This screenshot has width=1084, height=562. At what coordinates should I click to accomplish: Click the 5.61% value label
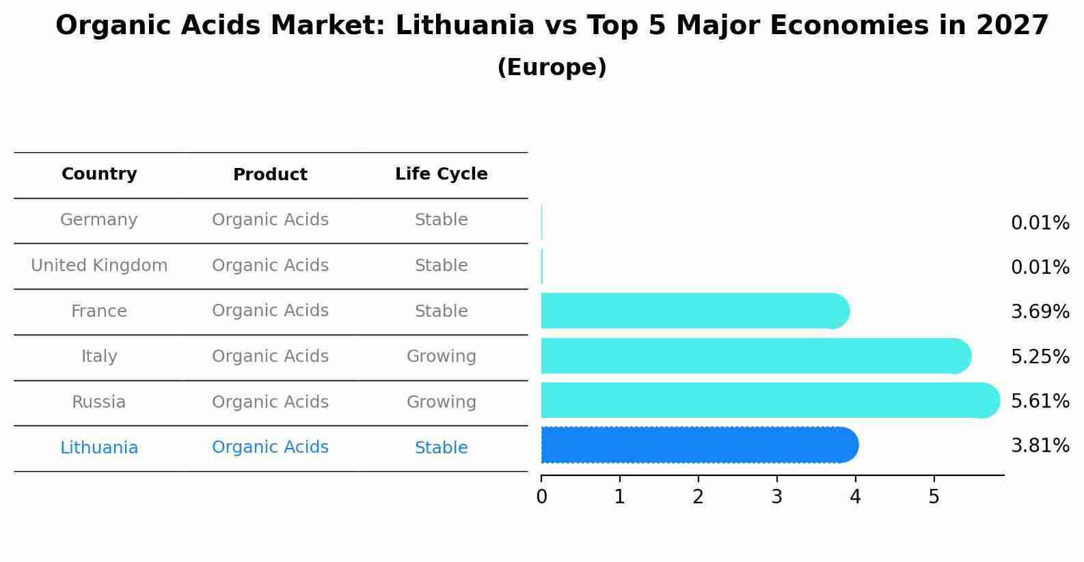click(x=1040, y=401)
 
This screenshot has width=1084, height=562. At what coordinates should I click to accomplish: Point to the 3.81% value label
click(x=1040, y=446)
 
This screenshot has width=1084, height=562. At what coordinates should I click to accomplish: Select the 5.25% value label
click(x=1040, y=356)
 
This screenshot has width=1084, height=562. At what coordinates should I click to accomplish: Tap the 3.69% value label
click(x=1040, y=312)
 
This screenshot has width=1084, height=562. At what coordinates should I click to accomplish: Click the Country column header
click(x=99, y=174)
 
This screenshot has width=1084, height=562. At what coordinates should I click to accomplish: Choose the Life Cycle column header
click(x=441, y=174)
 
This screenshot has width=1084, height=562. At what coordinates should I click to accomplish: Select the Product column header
click(x=270, y=175)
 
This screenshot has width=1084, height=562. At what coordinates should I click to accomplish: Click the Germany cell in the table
click(x=99, y=220)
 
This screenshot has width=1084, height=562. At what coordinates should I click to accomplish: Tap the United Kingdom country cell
click(x=99, y=266)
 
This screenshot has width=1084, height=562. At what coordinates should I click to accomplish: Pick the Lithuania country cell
click(x=99, y=448)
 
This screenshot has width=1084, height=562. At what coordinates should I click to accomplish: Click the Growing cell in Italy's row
click(x=441, y=356)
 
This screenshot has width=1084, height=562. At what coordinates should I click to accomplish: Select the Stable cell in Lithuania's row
click(x=441, y=448)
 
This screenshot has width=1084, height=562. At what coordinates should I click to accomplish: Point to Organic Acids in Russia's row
click(x=270, y=402)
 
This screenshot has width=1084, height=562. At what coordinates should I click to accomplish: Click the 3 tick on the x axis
click(x=776, y=497)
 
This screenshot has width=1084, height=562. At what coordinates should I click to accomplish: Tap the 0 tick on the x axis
click(x=541, y=497)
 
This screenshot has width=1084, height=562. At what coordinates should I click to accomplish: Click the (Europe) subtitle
click(x=552, y=68)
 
